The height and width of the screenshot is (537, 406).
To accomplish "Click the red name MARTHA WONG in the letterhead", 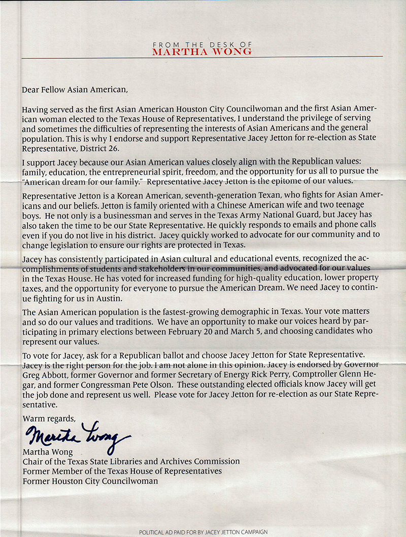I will click(x=202, y=51).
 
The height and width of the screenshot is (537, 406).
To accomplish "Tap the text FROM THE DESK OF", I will click(x=202, y=45).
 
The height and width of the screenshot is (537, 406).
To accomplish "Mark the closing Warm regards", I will click(x=48, y=419).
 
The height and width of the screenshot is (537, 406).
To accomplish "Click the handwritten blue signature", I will click(x=76, y=434).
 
